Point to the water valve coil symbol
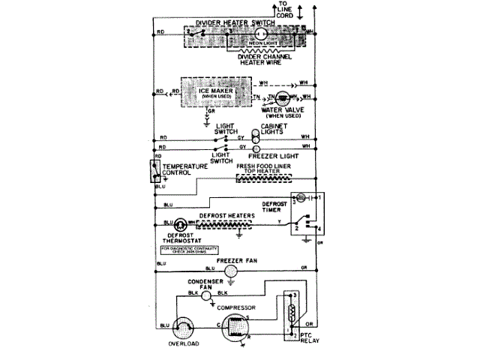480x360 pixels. click(x=283, y=99)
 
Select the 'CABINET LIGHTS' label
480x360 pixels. click(x=274, y=130)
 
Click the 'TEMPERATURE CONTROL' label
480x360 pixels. click(x=182, y=169)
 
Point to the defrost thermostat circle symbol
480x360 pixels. click(x=181, y=223)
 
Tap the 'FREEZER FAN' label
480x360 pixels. click(x=232, y=260)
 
